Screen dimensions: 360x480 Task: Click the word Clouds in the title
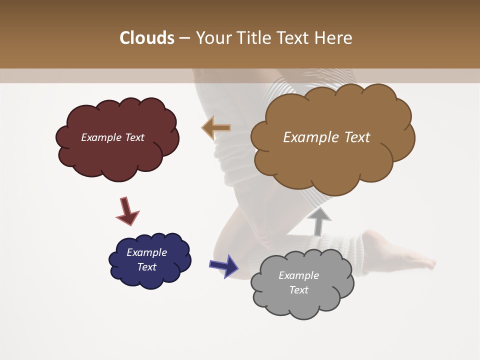(146, 38)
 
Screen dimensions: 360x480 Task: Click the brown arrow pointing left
(216, 128)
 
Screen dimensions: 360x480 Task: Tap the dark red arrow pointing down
(127, 211)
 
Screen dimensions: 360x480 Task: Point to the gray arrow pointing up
(319, 221)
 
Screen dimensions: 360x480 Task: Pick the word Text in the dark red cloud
(134, 137)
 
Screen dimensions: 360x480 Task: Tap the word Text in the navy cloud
(147, 267)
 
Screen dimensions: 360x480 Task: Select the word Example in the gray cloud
(298, 275)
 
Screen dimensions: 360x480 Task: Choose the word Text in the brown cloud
(357, 137)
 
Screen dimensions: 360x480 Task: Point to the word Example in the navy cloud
(147, 252)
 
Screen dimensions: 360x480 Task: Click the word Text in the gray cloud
(298, 290)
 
